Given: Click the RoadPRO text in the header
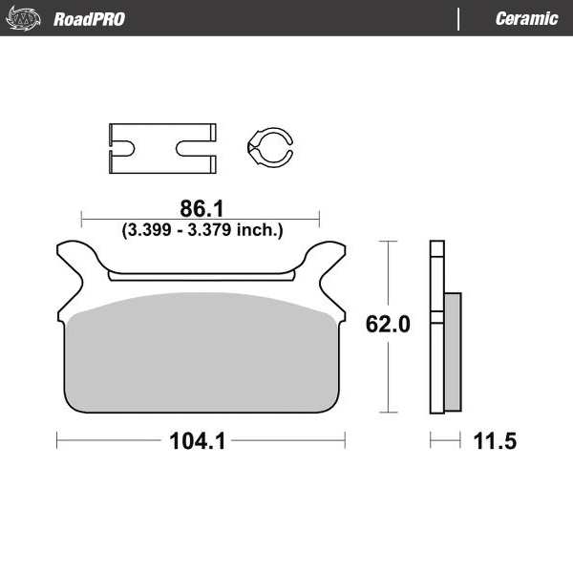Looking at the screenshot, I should pos(88,19).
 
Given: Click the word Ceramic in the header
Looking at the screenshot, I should pos(526,19).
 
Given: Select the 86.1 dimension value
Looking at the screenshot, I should pos(201,207).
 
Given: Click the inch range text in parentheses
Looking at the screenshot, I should pos(201,229).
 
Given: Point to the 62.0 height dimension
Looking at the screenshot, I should pos(389,325).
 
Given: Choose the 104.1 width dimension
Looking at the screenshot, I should pos(201,441).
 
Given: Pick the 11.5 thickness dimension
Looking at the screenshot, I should pos(495,441).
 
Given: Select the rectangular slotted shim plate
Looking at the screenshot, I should pos(159,149).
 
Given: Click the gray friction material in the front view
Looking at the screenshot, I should pos(201,353).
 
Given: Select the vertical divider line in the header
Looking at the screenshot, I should pos(459,19).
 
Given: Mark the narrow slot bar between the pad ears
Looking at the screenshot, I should pos(201,277).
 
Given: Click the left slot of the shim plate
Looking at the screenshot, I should pos(121,149).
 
